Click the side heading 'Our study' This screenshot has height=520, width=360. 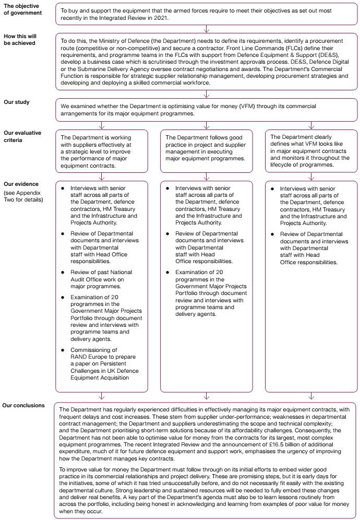point(17,103)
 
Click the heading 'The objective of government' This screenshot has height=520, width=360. point(23,9)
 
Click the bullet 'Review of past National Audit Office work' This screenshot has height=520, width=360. point(98,276)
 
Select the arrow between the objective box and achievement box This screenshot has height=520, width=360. point(207,29)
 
